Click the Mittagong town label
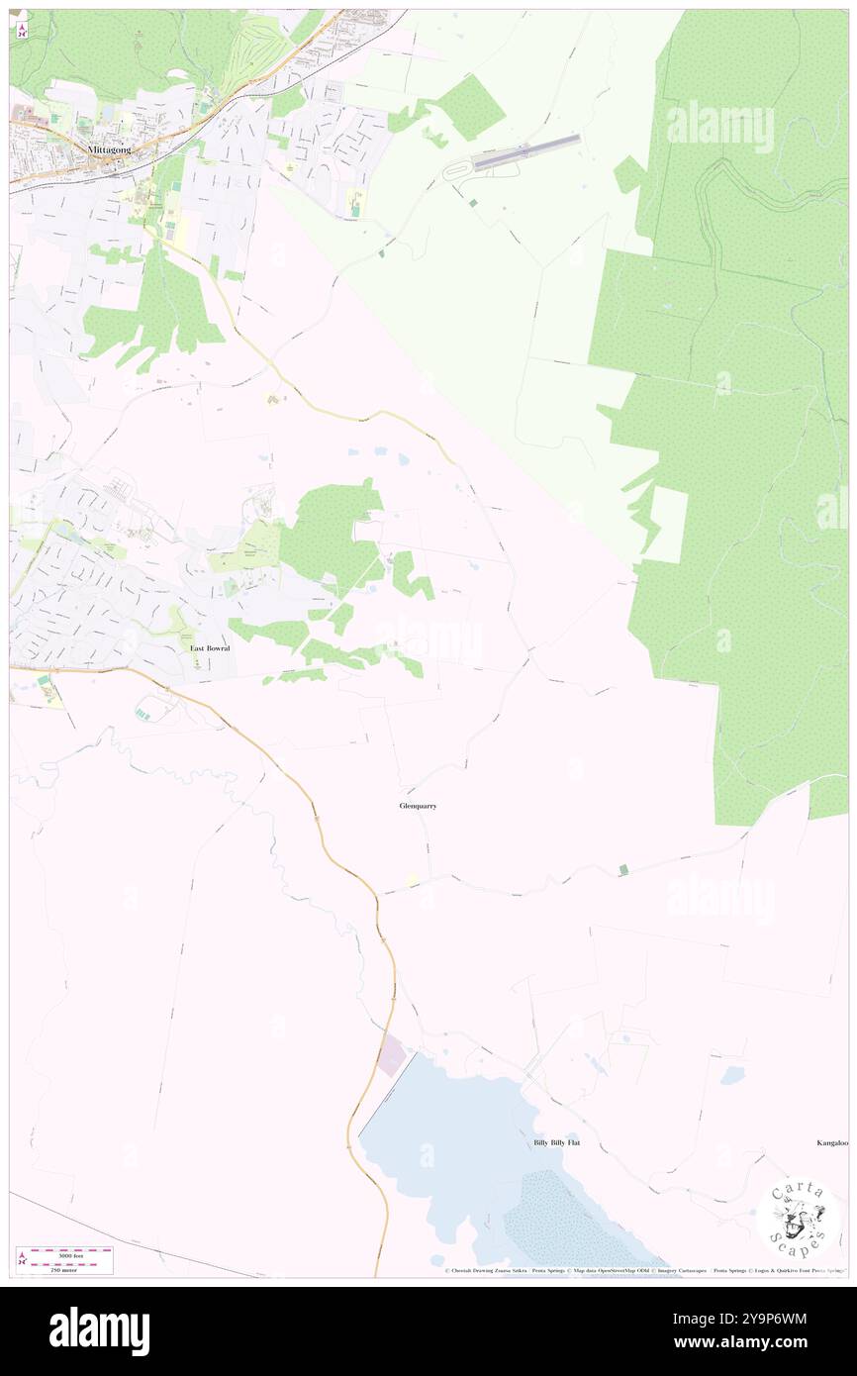click(110, 149)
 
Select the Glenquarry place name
click(418, 806)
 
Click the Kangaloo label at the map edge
click(831, 1142)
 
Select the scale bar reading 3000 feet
click(65, 1254)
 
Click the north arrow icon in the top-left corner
click(21, 30)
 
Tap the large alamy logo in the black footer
click(99, 1330)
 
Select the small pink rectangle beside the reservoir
click(391, 1057)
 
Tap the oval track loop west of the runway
click(457, 170)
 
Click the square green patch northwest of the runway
click(470, 106)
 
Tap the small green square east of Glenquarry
click(622, 869)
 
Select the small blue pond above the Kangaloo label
click(732, 1074)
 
